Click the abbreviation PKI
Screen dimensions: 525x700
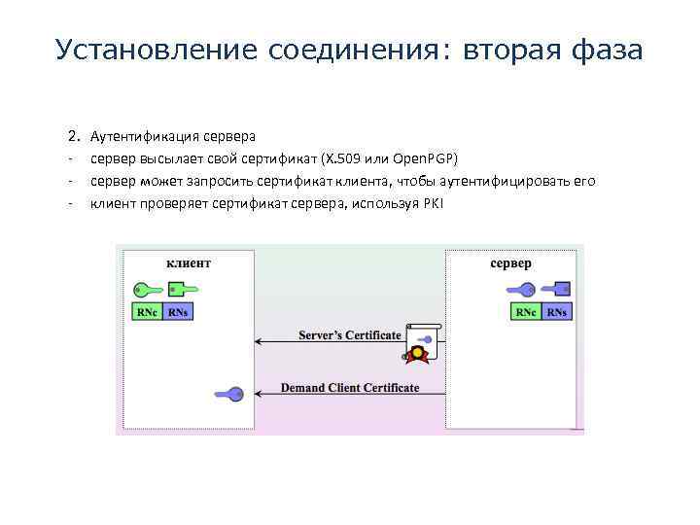(434, 202)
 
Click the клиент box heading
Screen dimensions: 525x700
(189, 262)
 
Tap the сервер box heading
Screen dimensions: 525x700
(510, 263)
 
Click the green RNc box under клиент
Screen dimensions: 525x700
(147, 312)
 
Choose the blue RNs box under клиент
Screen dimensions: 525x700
(178, 312)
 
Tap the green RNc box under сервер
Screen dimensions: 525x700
(526, 312)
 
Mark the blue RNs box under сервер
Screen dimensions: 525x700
(556, 312)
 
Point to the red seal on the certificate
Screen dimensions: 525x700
(420, 355)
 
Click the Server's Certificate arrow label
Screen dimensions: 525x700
(350, 335)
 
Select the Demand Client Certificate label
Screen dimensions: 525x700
(350, 388)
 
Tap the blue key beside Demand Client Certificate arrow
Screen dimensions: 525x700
(230, 394)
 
